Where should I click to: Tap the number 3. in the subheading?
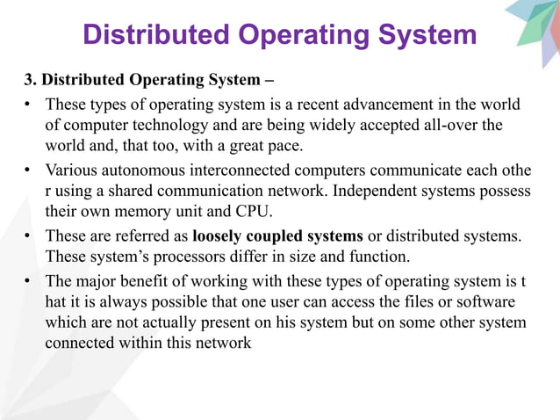(31, 80)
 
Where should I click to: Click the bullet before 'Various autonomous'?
(29, 170)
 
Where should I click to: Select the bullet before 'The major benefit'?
(29, 280)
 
